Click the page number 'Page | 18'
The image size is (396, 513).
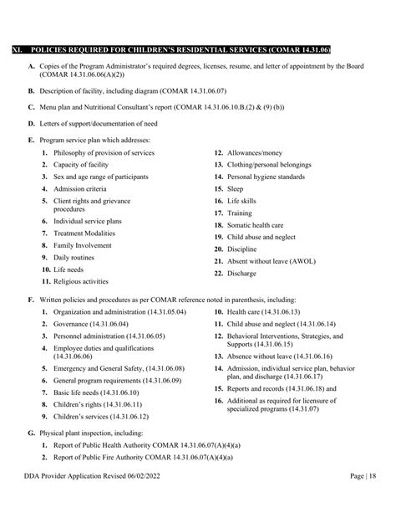[369, 499]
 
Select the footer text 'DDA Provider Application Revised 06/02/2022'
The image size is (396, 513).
[96, 499]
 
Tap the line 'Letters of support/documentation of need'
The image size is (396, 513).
[99, 123]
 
